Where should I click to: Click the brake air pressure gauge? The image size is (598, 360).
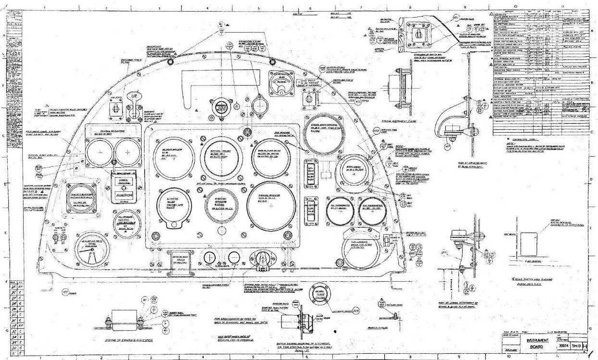coord(92,249)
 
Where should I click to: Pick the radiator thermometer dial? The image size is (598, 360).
coord(374,211)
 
